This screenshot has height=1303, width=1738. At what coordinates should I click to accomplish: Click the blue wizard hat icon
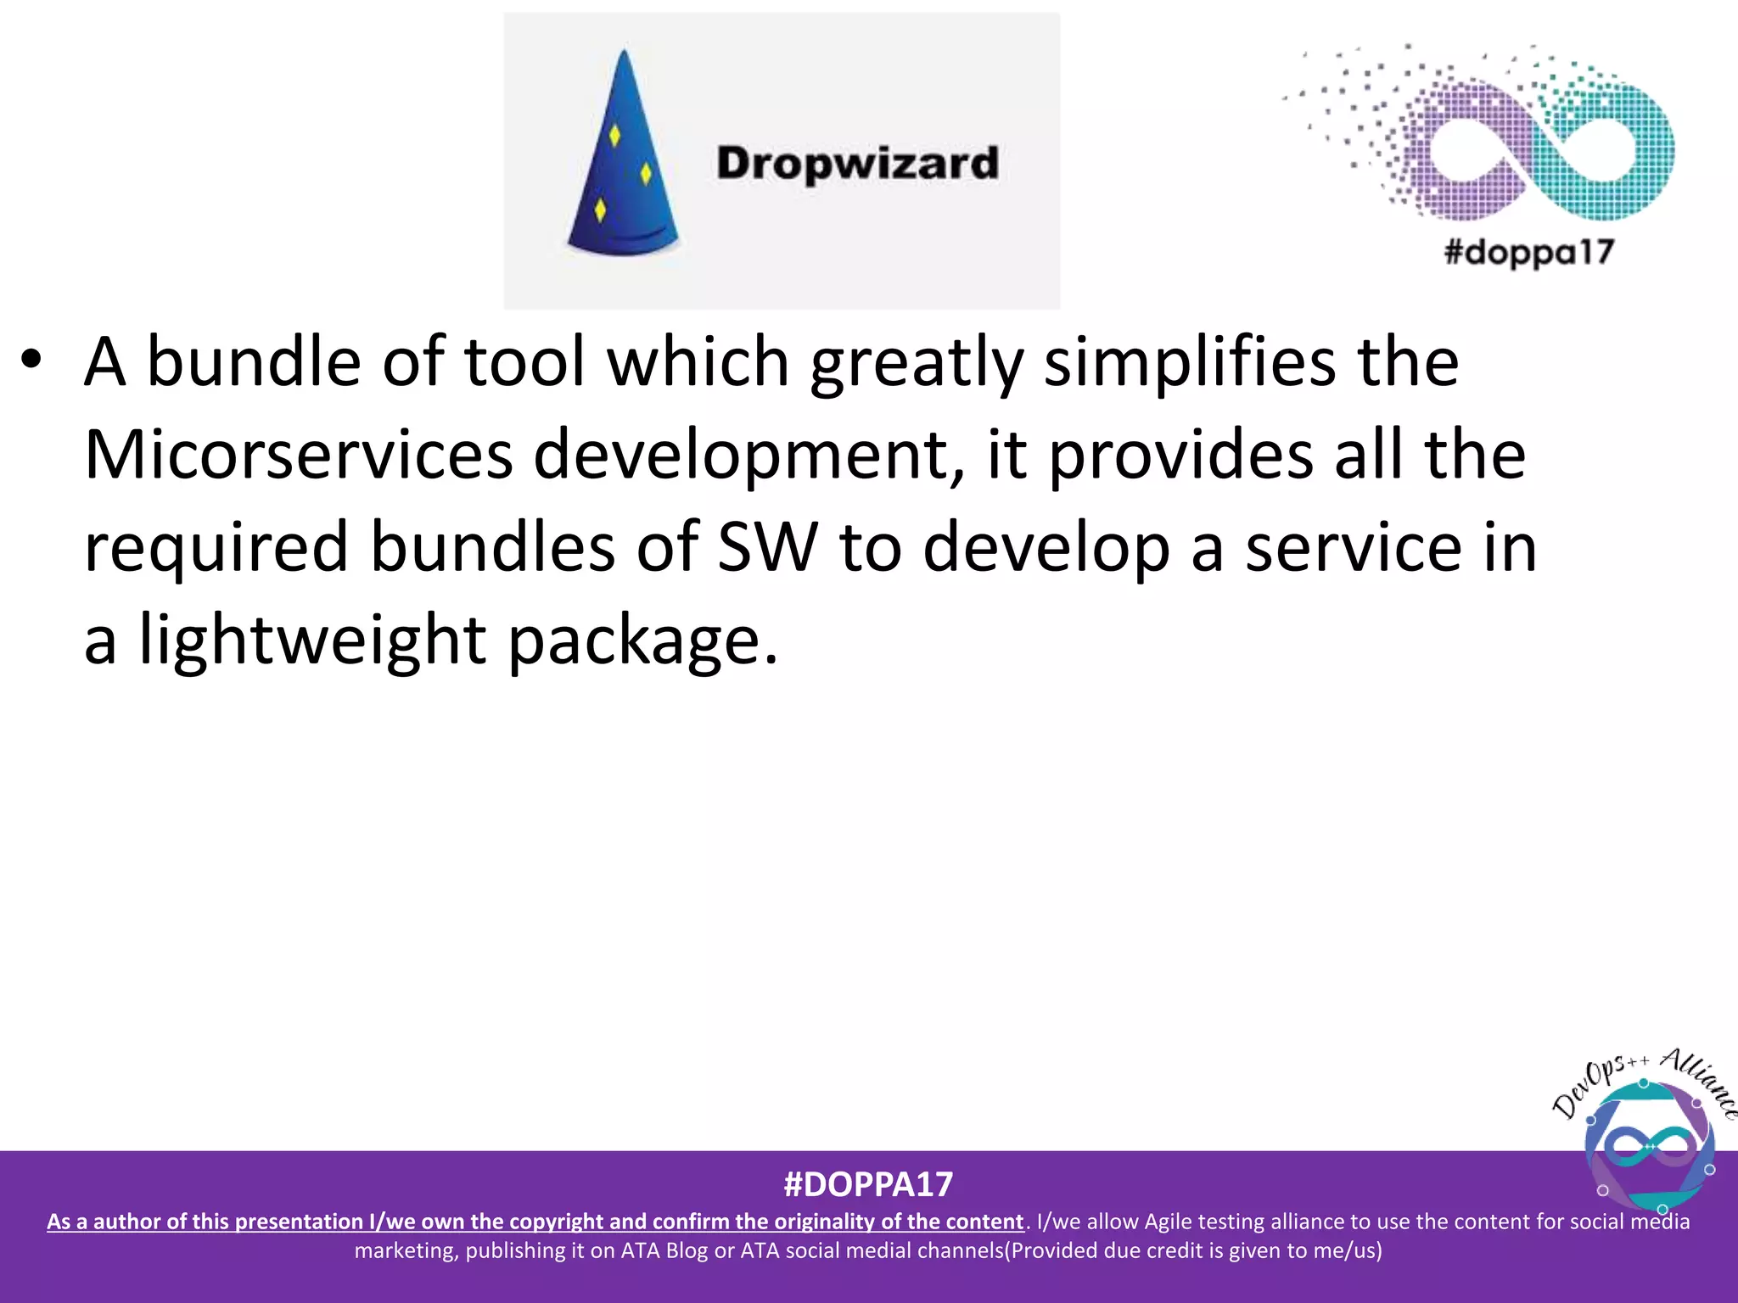(x=624, y=161)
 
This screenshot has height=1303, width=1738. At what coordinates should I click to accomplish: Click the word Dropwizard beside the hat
(x=857, y=163)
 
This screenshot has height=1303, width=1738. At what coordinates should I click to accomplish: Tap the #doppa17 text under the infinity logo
(x=1528, y=253)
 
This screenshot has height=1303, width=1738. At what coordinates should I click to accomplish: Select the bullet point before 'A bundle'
(x=31, y=361)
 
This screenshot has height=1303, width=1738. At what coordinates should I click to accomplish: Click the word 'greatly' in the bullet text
(x=916, y=363)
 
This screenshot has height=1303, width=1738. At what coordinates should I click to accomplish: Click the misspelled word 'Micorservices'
(x=298, y=456)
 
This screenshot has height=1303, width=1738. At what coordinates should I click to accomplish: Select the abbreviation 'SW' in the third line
(x=767, y=548)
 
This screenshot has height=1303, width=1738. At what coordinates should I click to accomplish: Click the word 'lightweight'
(x=312, y=640)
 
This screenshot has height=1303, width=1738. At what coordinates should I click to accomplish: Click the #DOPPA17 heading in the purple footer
(x=868, y=1184)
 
